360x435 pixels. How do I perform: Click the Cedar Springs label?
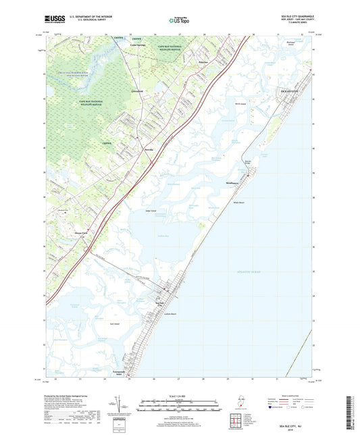(138, 45)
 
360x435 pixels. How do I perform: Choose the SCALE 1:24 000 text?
(178, 395)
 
